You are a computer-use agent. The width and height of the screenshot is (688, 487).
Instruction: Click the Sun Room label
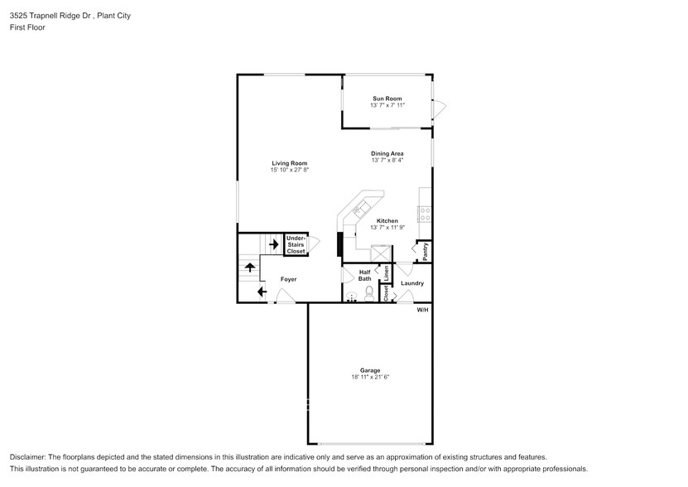point(387,99)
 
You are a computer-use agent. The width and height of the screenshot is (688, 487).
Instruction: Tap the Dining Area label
point(387,153)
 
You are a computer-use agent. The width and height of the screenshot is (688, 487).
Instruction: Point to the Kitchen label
point(387,220)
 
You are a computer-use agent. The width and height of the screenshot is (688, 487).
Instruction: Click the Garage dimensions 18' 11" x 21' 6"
point(369,377)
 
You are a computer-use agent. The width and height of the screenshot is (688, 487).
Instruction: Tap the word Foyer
point(288,279)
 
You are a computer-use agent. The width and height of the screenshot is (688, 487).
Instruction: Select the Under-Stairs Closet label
point(296,244)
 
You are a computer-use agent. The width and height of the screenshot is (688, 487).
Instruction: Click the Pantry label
point(425,251)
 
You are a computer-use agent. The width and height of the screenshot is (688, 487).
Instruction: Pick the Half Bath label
point(364,276)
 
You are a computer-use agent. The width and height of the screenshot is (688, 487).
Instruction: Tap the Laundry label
point(411,283)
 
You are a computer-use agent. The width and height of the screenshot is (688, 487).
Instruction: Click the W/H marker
point(422,310)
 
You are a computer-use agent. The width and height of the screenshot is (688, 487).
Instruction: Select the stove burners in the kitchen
point(426,211)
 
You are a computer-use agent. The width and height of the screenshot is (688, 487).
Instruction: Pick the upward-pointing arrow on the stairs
point(250,268)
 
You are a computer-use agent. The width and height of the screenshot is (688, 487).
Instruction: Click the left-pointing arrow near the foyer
point(262,292)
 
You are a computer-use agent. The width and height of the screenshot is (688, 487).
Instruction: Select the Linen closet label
point(386,271)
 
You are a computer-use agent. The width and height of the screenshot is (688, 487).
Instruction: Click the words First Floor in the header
point(28,27)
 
